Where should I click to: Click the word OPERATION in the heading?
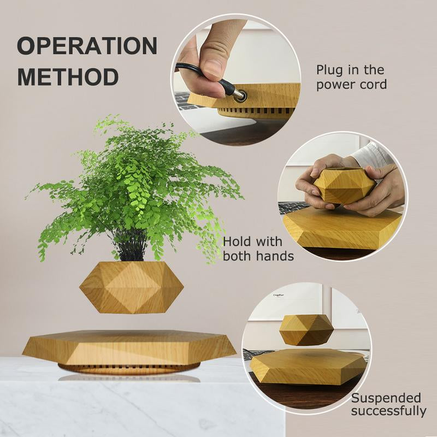point(87,46)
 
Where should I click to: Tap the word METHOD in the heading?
point(68,76)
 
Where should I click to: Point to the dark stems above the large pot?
point(131,249)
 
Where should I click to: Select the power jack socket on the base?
point(240,96)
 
